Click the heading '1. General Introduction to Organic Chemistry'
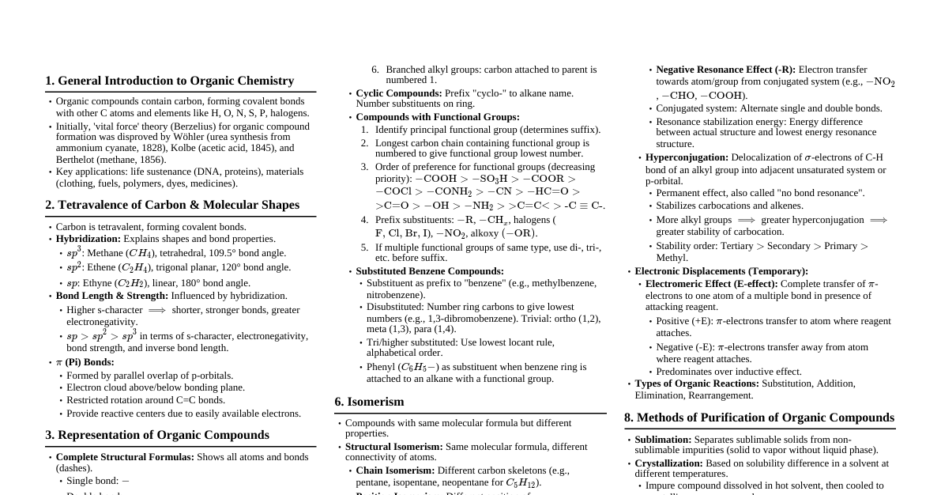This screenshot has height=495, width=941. click(x=169, y=81)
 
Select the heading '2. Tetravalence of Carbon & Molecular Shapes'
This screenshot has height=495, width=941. click(x=172, y=205)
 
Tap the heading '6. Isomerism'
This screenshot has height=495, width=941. click(x=369, y=402)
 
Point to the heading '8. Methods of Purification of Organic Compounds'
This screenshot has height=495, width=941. click(x=759, y=418)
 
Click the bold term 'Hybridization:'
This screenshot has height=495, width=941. click(x=87, y=239)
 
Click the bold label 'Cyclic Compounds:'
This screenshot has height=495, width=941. click(x=399, y=93)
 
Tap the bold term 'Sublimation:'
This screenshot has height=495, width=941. click(x=663, y=440)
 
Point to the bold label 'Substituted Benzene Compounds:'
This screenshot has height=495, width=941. click(x=430, y=271)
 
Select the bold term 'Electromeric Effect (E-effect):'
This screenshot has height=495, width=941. click(x=711, y=284)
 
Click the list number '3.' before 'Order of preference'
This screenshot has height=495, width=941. click(x=365, y=167)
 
